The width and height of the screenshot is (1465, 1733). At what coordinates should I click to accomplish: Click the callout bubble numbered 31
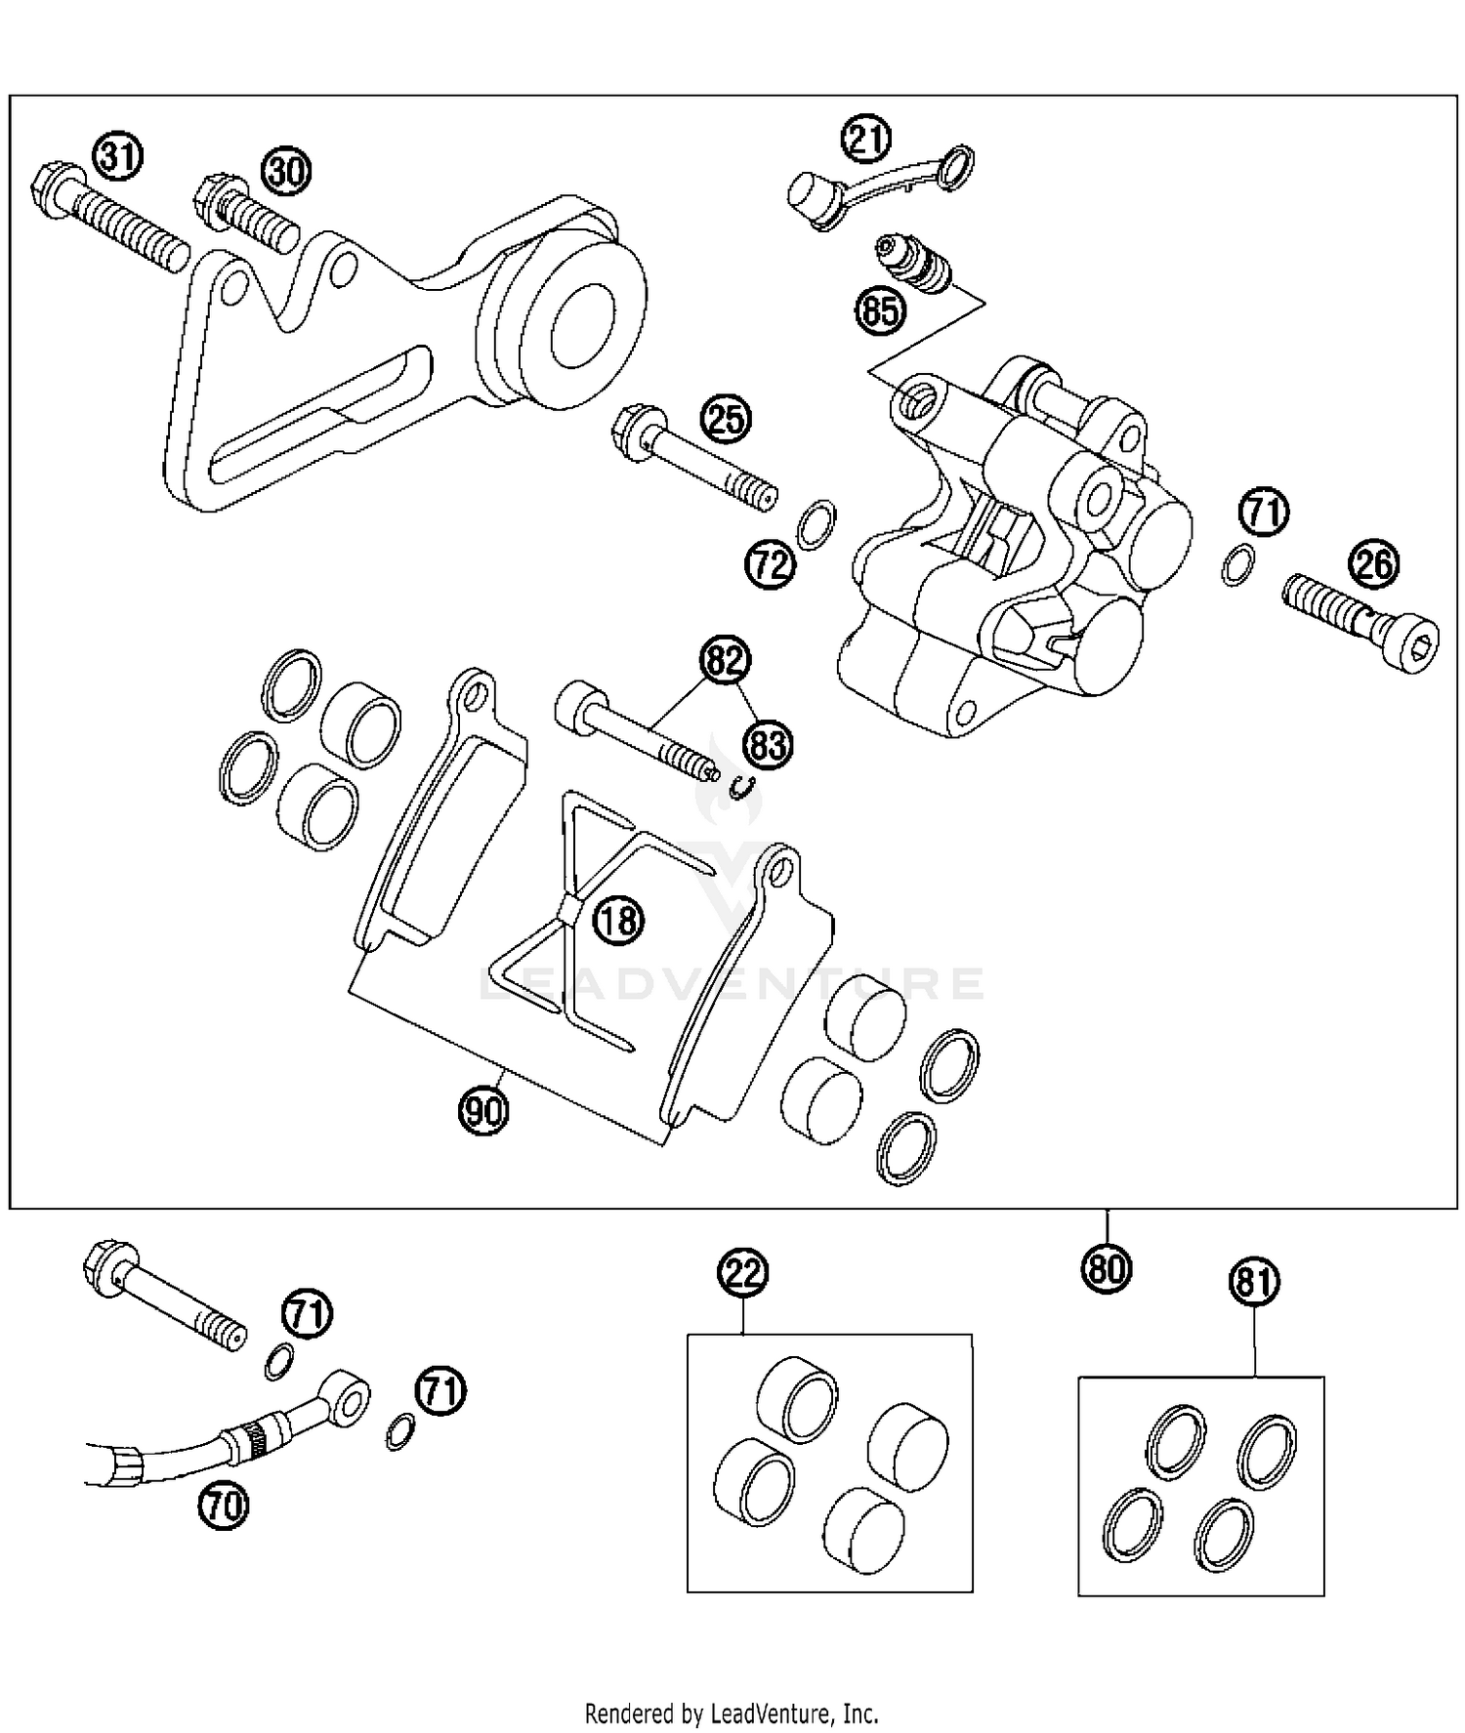[x=116, y=157]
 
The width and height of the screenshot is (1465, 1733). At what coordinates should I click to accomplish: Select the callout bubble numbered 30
[x=286, y=172]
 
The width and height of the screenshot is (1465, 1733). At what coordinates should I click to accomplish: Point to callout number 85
[x=880, y=311]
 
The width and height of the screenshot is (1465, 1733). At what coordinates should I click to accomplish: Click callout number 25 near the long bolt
[x=726, y=419]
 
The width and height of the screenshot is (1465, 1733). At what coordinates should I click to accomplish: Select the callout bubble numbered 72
[x=770, y=564]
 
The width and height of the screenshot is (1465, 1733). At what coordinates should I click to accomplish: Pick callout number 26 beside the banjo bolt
[x=1373, y=565]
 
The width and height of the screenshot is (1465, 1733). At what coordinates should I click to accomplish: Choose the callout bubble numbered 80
[x=1106, y=1267]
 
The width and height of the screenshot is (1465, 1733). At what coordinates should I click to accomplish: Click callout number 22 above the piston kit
[x=743, y=1272]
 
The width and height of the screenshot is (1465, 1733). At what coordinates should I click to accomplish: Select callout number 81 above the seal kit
[x=1254, y=1282]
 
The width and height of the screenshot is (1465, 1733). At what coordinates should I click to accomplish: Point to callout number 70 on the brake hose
[x=224, y=1506]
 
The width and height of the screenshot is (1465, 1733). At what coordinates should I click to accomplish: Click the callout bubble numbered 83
[x=768, y=747]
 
